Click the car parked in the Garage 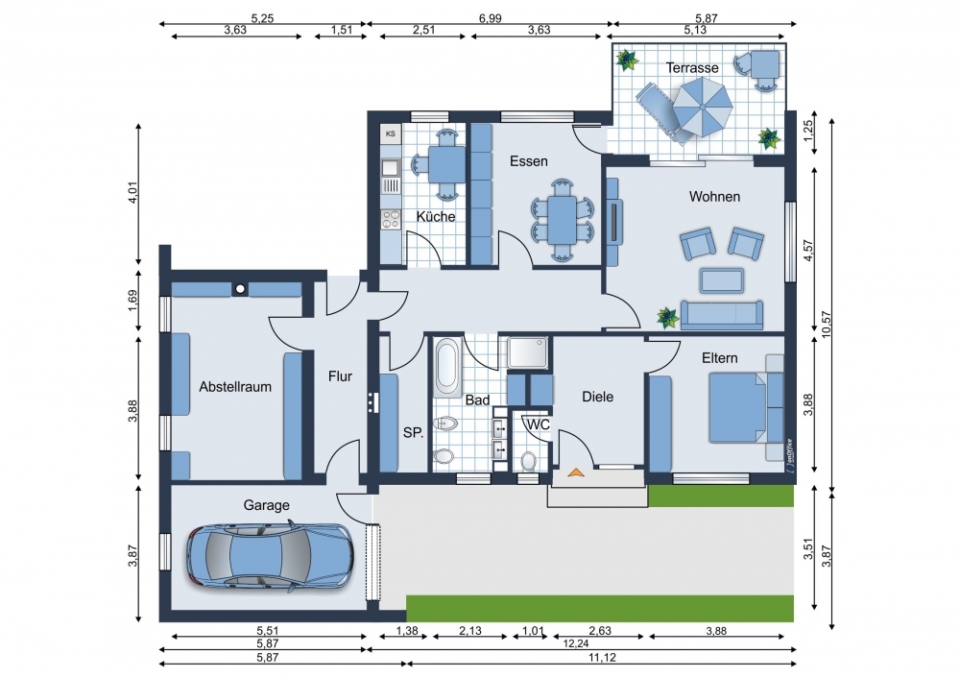[270, 555]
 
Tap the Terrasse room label [692, 67]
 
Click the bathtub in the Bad [446, 367]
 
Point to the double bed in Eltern [737, 408]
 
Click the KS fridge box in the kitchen [390, 133]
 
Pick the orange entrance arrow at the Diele [575, 472]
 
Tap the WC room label [539, 424]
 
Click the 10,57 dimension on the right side [828, 325]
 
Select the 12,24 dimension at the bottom [575, 643]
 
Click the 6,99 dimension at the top [490, 18]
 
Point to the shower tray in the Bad [528, 352]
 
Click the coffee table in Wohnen [723, 280]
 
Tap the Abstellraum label [235, 387]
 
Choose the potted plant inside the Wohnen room [668, 317]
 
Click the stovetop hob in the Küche [390, 219]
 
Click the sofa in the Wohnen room [722, 315]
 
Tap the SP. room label [413, 432]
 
